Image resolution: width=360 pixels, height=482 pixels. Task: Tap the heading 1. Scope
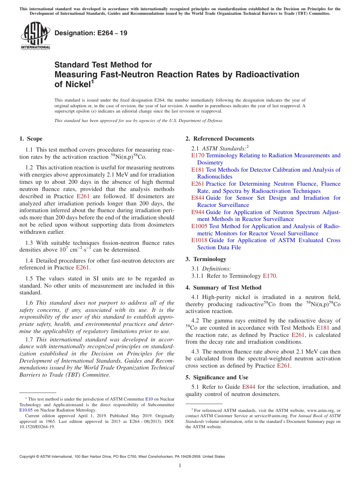[31, 139]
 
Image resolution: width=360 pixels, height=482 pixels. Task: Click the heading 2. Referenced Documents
[220, 139]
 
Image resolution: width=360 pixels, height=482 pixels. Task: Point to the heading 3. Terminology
[206, 259]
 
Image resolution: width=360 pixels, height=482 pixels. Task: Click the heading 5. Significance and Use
[217, 377]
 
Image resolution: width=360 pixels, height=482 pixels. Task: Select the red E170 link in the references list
[198, 155]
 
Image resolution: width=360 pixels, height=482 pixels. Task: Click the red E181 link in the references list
[198, 170]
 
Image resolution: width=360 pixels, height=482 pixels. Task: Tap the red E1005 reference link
[199, 226]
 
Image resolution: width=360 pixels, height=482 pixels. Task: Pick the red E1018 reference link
[199, 240]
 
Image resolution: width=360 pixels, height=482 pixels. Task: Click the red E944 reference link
[198, 212]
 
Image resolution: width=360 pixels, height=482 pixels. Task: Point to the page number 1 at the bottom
[180, 466]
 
